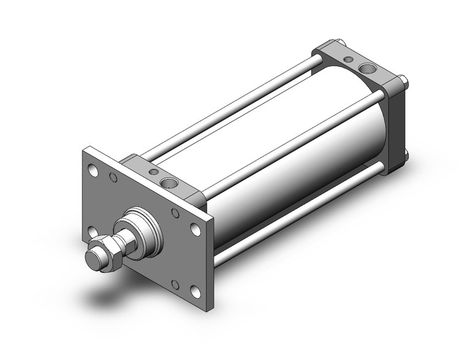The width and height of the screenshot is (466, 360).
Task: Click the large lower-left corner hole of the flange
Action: pyautogui.click(x=93, y=231)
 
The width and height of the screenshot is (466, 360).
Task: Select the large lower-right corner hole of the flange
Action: pyautogui.click(x=195, y=292)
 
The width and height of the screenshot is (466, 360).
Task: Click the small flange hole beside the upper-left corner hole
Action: pyautogui.click(x=113, y=178)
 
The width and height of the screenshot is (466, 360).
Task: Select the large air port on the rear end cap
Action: pyautogui.click(x=367, y=67)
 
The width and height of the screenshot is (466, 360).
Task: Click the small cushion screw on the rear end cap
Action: pyautogui.click(x=348, y=59)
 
